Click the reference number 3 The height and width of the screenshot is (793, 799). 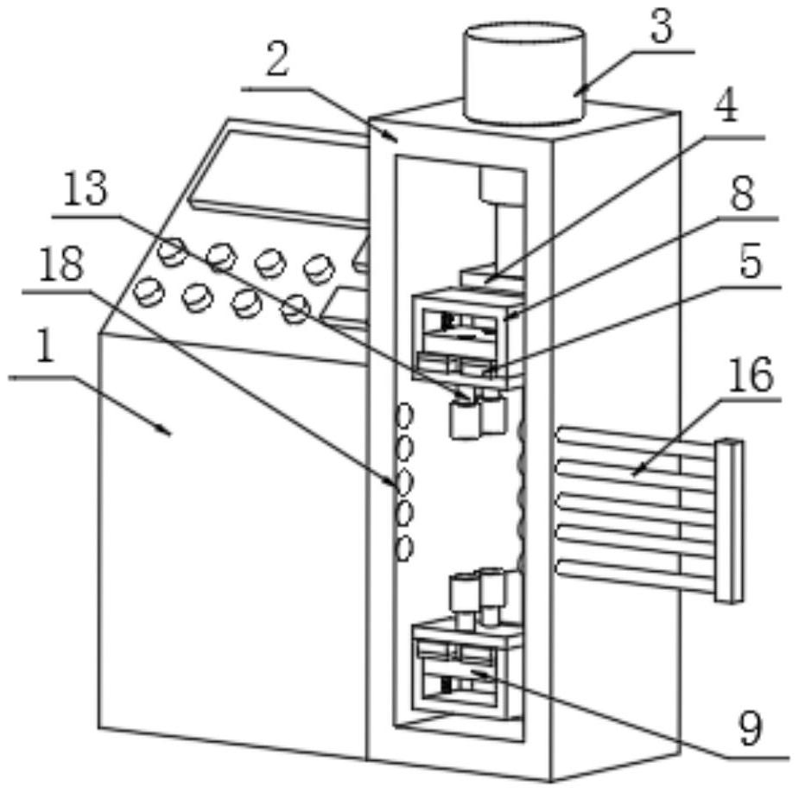(661, 28)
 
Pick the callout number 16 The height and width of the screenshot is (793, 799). (749, 377)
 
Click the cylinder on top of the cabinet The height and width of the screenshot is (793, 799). (524, 73)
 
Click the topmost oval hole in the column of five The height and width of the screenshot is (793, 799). (403, 416)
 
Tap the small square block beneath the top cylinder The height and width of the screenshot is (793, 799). (502, 186)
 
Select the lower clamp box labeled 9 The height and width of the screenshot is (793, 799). (466, 674)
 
